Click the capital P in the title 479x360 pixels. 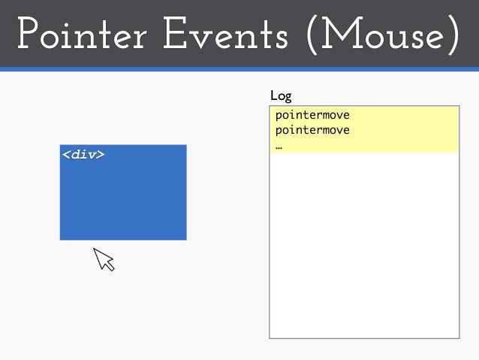[27, 35]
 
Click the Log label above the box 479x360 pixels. [281, 96]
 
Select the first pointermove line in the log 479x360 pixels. [312, 116]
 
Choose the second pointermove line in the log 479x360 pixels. [312, 130]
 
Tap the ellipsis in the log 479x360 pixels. [279, 146]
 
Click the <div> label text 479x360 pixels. [83, 155]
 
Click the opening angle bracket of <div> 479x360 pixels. [66, 156]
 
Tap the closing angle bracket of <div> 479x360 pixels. [101, 156]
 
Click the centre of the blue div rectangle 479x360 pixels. [123, 192]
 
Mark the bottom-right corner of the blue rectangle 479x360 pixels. [185, 239]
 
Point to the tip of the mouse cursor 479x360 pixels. [95, 249]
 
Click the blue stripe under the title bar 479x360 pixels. [239, 69]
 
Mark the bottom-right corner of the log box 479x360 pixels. [458, 337]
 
